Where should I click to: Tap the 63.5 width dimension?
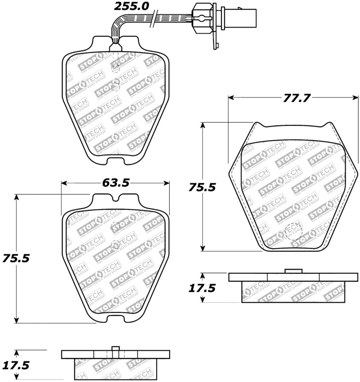(x=116, y=183)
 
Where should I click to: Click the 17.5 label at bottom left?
(x=16, y=365)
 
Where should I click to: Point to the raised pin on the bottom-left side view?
(x=115, y=349)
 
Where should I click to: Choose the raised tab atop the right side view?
(x=293, y=271)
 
